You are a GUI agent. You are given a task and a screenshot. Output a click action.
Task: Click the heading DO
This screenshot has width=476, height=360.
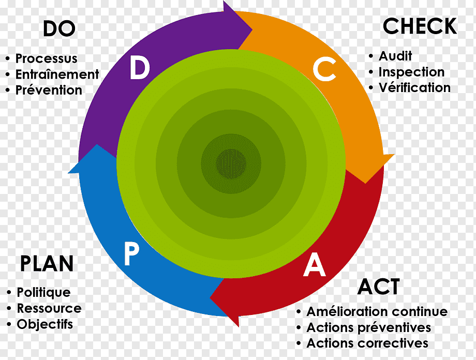coord(59,28)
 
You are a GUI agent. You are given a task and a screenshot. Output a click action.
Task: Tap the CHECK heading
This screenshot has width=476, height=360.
coord(420,26)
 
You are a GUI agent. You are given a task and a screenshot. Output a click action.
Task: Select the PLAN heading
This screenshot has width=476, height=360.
coord(47,263)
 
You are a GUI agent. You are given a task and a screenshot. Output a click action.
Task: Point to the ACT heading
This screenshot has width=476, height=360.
coord(379,287)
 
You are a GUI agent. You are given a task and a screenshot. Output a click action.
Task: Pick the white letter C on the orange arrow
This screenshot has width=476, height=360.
coord(324,69)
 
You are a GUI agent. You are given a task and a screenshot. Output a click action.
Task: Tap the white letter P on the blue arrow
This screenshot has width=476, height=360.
coord(131,254)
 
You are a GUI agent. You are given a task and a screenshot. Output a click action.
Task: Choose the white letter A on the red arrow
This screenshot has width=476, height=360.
coord(315,265)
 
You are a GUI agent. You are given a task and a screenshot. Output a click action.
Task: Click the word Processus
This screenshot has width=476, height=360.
coord(47,58)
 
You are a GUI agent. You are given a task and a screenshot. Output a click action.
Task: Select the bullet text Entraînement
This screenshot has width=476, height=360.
coord(57,74)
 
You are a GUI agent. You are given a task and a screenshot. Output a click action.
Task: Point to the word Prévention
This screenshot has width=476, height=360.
coord(49,90)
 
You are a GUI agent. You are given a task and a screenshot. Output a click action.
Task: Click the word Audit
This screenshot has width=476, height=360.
coord(395,56)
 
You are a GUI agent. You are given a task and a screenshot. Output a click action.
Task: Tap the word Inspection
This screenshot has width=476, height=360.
coord(411,72)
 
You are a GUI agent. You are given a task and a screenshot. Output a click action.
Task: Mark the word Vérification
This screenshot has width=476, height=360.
coord(414,88)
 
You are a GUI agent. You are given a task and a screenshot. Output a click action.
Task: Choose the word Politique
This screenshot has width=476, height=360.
coord(43,293)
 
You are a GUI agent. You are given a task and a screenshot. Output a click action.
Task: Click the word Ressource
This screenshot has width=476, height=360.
coord(49,308)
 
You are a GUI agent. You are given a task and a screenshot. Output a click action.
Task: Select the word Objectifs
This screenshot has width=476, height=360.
coord(45,324)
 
